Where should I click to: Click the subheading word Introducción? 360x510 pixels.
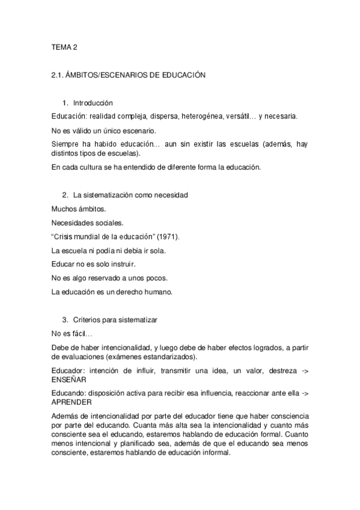point(93,103)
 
